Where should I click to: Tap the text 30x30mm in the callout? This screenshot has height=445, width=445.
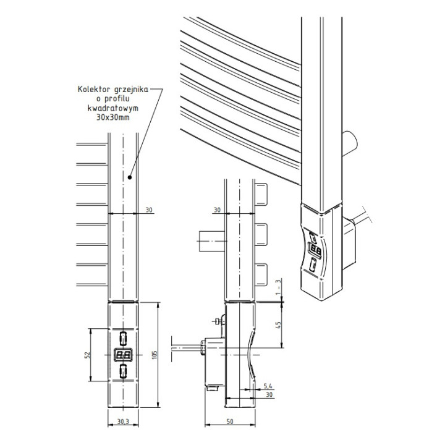point(113,117)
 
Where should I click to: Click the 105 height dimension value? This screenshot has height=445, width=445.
point(155,355)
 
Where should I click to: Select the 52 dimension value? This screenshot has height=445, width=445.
point(87,355)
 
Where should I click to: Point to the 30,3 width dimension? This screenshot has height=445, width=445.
point(123,422)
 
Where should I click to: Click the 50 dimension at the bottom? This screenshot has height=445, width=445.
point(230,422)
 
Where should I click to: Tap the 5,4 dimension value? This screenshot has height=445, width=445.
point(268,386)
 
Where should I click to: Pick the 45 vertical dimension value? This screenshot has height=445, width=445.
point(278,325)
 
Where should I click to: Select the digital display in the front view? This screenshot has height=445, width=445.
point(123,355)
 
